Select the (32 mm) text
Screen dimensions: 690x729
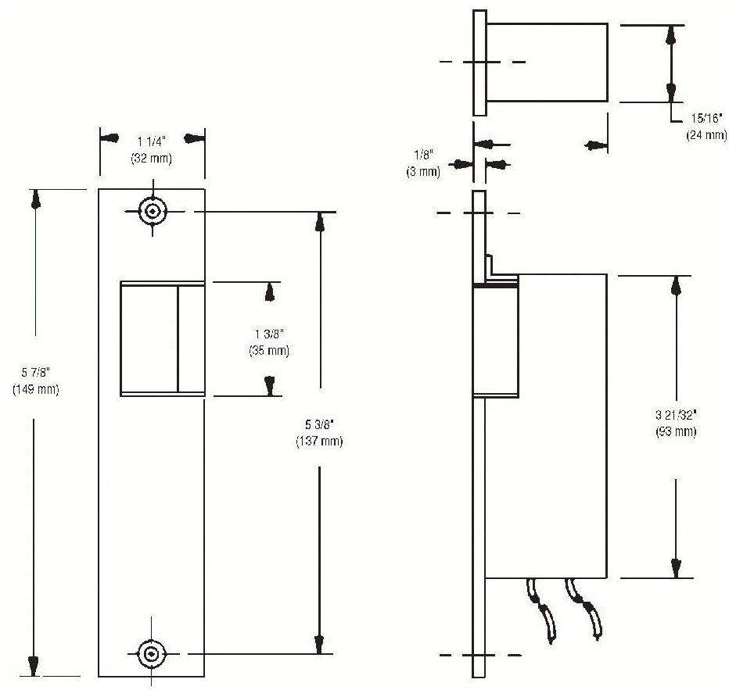coord(151,158)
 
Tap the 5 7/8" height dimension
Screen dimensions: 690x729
coord(36,374)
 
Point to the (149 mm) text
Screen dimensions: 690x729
coord(36,388)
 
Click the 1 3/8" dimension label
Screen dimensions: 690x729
coord(268,337)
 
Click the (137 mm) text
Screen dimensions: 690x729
coord(319,442)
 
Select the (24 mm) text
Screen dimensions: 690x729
coord(706,134)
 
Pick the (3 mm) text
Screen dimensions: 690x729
coord(423,171)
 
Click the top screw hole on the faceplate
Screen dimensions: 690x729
coord(152,211)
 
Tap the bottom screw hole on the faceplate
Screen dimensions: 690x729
coord(152,653)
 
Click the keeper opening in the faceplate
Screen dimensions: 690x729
coord(162,338)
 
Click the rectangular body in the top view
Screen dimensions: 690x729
coord(548,62)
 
